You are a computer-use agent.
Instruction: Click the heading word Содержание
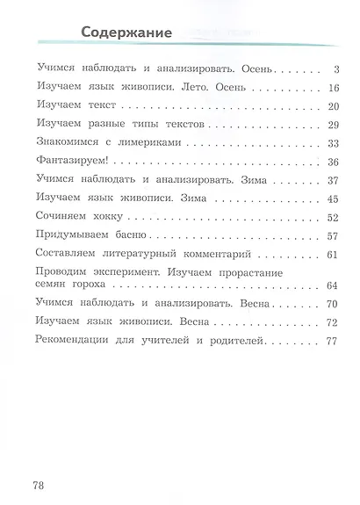(x=126, y=33)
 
